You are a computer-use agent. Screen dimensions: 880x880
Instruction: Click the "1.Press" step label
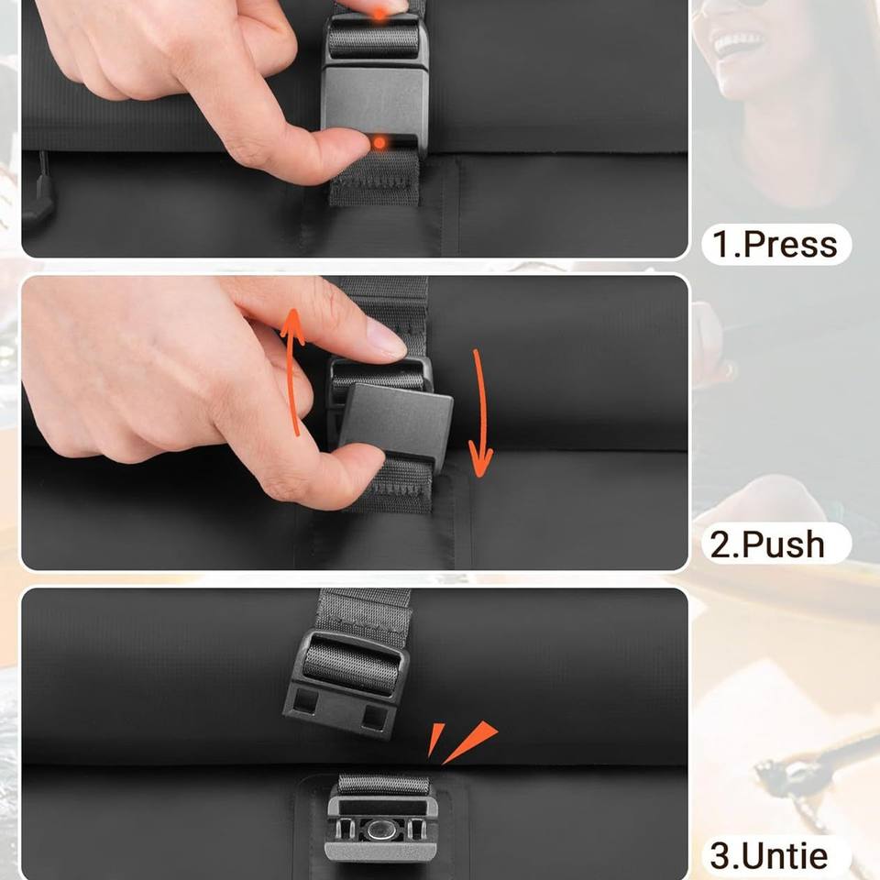pyautogui.click(x=775, y=244)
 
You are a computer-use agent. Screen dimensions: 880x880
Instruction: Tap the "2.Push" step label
pyautogui.click(x=768, y=544)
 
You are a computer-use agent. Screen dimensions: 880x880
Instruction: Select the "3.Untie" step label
pyautogui.click(x=768, y=855)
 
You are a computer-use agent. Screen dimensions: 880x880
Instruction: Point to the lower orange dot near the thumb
pyautogui.click(x=379, y=144)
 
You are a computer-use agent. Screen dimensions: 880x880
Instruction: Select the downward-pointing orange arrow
pyautogui.click(x=479, y=412)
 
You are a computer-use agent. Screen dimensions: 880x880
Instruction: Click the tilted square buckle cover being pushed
pyautogui.click(x=396, y=419)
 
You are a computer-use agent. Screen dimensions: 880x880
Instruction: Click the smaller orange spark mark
pyautogui.click(x=434, y=739)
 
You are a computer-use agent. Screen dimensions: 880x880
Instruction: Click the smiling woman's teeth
pyautogui.click(x=737, y=41)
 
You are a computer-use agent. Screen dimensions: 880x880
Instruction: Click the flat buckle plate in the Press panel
pyautogui.click(x=373, y=101)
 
